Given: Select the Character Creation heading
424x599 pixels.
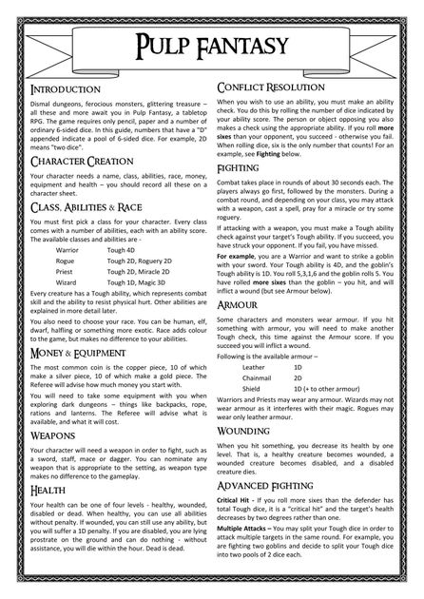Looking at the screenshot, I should pos(79,163).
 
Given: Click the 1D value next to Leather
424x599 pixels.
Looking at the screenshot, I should pos(298,366).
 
